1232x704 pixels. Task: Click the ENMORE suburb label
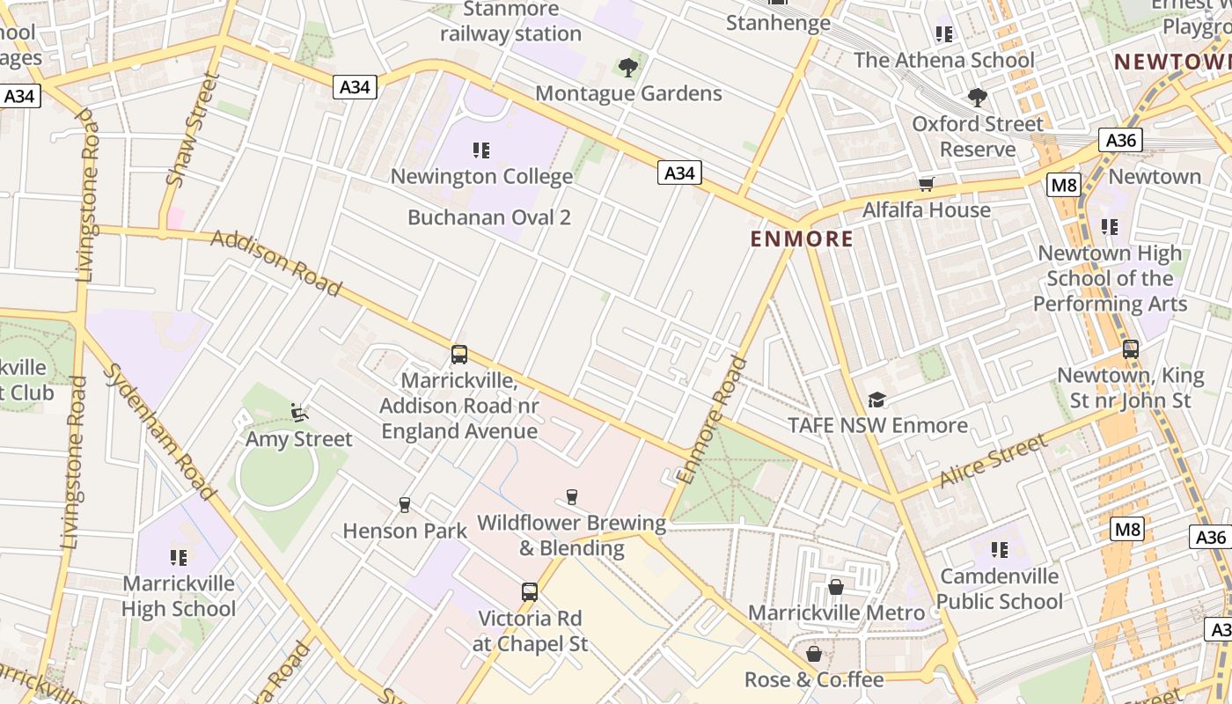tap(802, 238)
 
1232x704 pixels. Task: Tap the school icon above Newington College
tap(480, 150)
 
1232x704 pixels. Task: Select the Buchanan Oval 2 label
tap(489, 217)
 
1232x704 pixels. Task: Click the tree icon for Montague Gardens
tap(627, 67)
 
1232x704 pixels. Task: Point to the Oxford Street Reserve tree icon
tap(977, 97)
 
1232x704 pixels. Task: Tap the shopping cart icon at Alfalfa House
tap(926, 184)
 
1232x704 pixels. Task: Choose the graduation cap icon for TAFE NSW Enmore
tap(876, 400)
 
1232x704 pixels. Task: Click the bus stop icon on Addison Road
tap(459, 355)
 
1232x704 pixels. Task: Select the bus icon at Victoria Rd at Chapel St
tap(530, 592)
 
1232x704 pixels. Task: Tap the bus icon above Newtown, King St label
tap(1131, 349)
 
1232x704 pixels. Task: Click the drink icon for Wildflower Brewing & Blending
tap(572, 497)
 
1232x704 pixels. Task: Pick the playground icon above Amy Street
tap(298, 412)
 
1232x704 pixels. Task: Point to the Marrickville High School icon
tap(179, 557)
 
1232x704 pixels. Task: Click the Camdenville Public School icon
tap(999, 550)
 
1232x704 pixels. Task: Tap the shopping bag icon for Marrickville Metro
tap(836, 586)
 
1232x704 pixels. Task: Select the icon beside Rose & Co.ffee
tap(814, 654)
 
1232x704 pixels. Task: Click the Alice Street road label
tap(994, 462)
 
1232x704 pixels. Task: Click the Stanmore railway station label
tap(510, 22)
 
